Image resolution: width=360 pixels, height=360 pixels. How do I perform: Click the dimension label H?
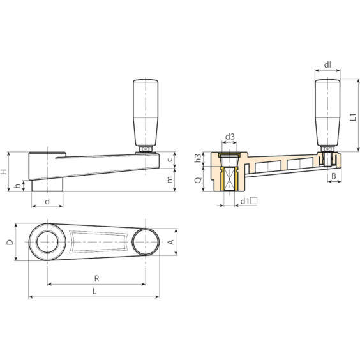[x=4, y=171]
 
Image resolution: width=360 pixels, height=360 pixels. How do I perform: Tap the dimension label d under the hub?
[x=47, y=202]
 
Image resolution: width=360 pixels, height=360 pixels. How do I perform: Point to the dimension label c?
[x=170, y=159]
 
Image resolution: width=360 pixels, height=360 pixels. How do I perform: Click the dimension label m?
[x=170, y=180]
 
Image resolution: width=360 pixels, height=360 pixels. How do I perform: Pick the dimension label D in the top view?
[x=8, y=243]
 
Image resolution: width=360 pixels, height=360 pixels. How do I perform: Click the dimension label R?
[x=96, y=278]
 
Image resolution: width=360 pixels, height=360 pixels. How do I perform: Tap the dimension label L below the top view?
[x=94, y=291]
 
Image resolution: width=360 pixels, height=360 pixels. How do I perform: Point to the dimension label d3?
[x=230, y=137]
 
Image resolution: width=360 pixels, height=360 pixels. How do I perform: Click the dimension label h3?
[x=197, y=158]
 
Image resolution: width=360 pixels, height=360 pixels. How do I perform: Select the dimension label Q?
[x=197, y=181]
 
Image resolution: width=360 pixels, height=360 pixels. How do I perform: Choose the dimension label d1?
[x=244, y=202]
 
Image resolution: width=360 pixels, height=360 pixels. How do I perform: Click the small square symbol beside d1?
[x=254, y=201]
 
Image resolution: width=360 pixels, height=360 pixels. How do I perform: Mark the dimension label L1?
[x=353, y=117]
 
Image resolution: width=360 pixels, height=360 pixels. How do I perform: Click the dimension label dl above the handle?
[x=327, y=64]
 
